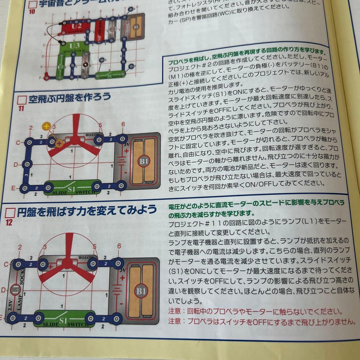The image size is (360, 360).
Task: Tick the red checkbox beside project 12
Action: (x=11, y=212)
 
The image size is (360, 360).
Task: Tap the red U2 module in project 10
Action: (x=76, y=26)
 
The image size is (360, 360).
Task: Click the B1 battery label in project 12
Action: (x=141, y=291)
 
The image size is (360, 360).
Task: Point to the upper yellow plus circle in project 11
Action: (x=46, y=126)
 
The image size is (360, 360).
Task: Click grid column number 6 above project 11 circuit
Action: (x=123, y=124)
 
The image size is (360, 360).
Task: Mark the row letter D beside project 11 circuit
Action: (x=15, y=165)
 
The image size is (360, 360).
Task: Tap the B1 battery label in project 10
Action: (x=136, y=27)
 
